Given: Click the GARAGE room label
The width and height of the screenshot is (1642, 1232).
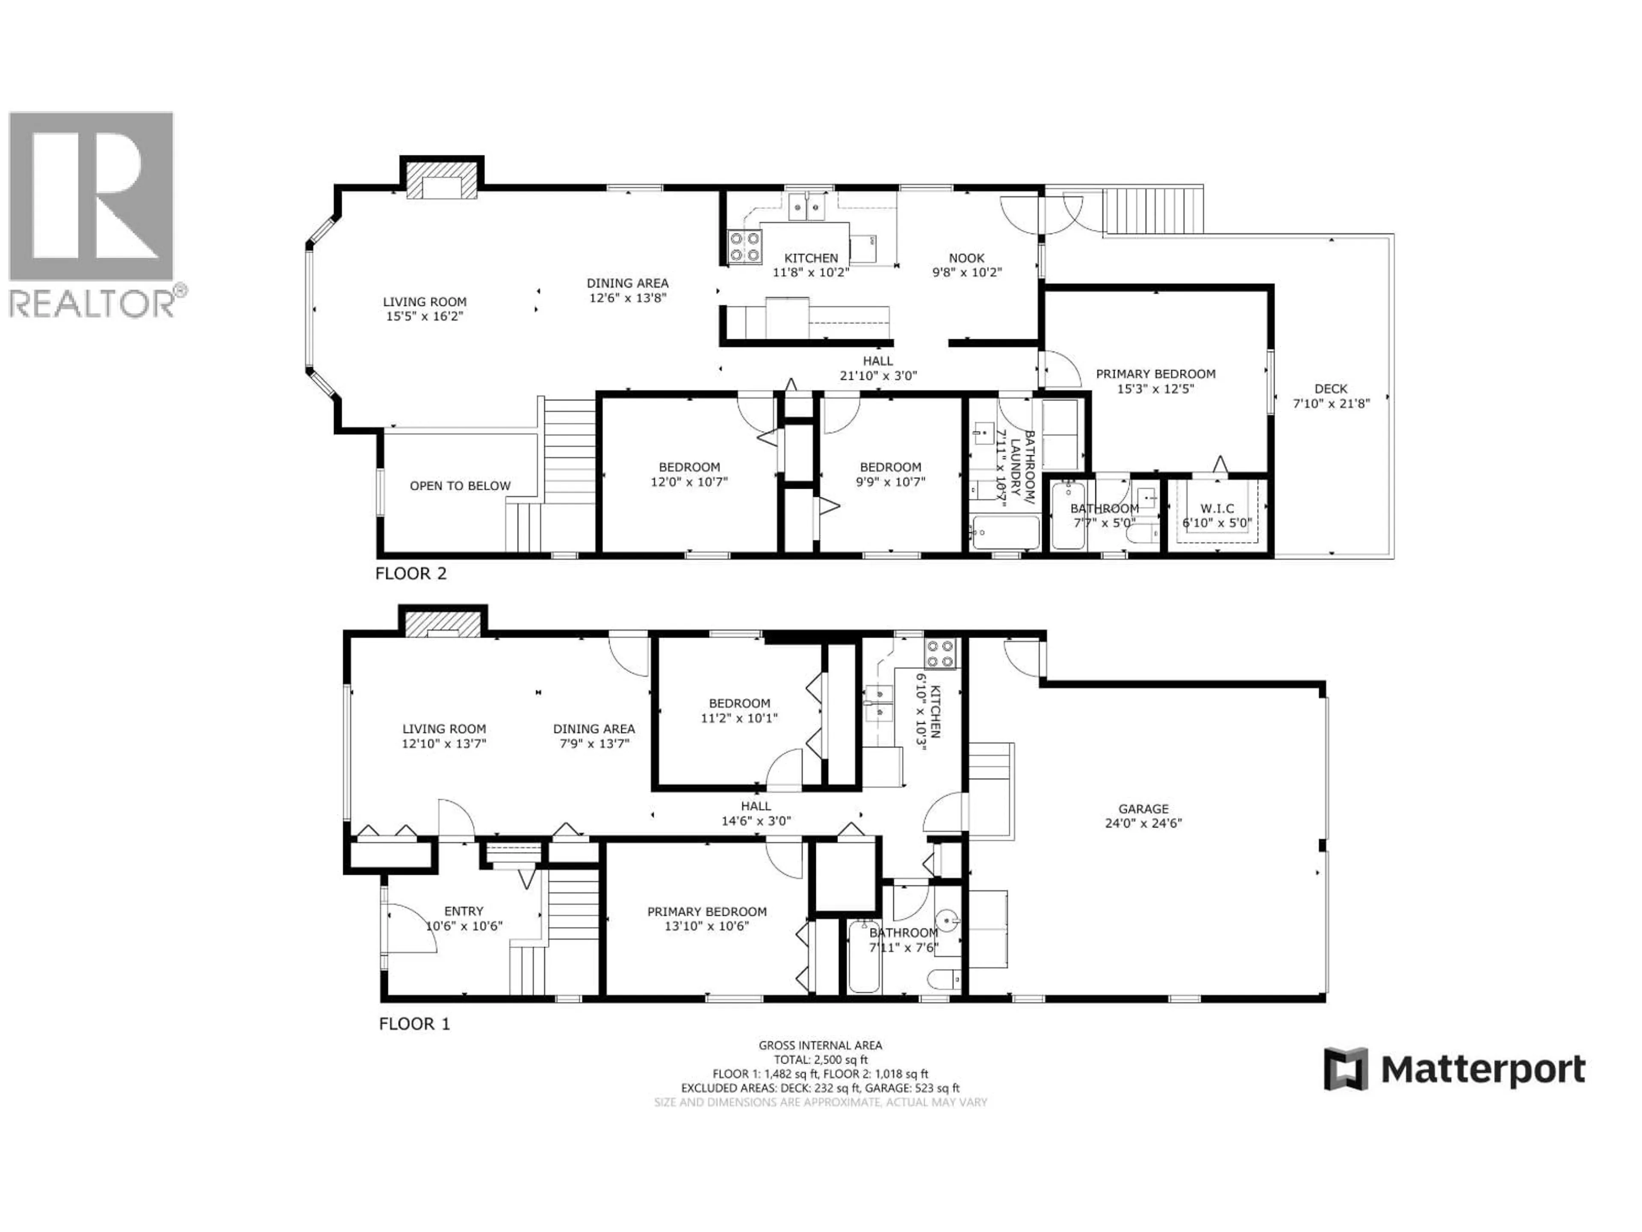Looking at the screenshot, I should [x=1143, y=808].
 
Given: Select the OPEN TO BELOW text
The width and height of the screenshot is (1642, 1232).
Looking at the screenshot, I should [x=460, y=486].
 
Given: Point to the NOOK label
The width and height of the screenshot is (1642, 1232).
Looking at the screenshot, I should [x=966, y=258].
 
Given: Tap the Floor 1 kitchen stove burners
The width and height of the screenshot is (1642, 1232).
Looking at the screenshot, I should [x=940, y=654].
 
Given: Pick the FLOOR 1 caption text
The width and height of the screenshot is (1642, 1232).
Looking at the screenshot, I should [x=414, y=1024].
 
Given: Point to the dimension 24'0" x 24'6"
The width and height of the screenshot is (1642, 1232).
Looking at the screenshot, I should [x=1143, y=823].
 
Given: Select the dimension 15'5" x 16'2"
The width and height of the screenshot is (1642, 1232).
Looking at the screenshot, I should [x=425, y=317].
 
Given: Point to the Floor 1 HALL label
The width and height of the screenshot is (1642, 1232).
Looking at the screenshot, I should [x=756, y=806].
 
